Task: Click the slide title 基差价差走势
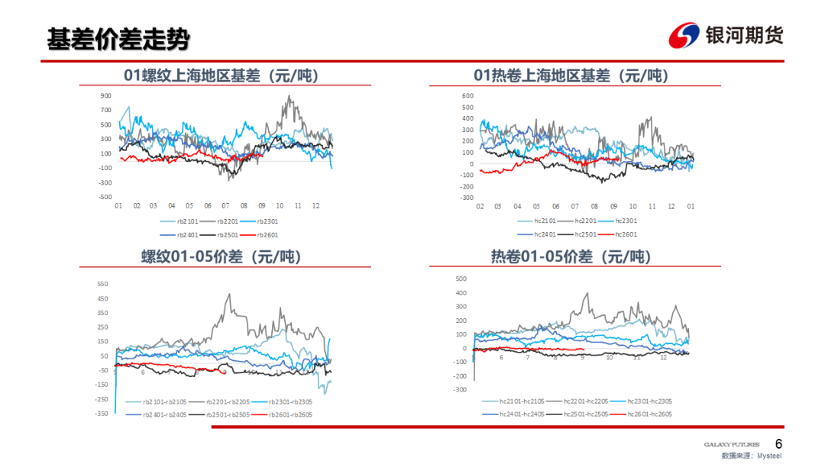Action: (x=118, y=39)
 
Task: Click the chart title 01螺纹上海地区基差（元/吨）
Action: (x=221, y=76)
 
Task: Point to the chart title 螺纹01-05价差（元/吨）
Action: (x=221, y=257)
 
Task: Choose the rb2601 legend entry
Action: (x=268, y=234)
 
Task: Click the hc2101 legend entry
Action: (x=539, y=221)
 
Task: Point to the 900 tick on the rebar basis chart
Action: (x=105, y=96)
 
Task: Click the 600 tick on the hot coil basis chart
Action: (x=467, y=96)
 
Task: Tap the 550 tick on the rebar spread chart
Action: (x=102, y=284)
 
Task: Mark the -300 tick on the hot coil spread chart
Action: (x=460, y=389)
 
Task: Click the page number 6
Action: (x=778, y=444)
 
